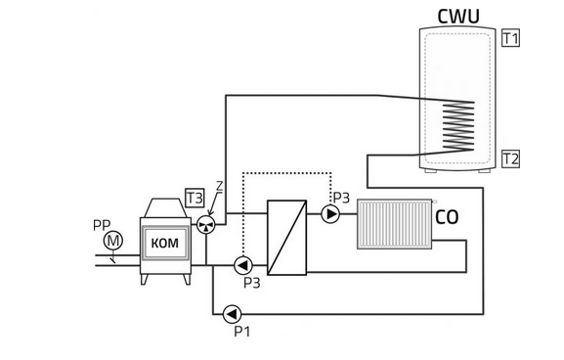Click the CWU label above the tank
pos(458,17)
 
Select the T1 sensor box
pos(511,38)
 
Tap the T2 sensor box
pos(511,158)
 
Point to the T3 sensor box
pos(195,198)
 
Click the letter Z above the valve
pos(219,186)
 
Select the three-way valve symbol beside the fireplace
pos(206,225)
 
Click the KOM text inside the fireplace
pos(165,244)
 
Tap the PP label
pos(102,226)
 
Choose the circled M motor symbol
pos(113,241)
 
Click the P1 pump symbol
pos(232,314)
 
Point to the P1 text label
pos(242,332)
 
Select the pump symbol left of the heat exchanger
pos(243,266)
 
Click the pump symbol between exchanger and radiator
pos(330,214)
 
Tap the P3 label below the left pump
pos(252,283)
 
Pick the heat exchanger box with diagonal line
pos(287,238)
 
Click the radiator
pos(395,224)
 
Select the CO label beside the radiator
pos(447,217)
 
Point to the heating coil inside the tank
pos(458,126)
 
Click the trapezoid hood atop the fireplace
pos(165,208)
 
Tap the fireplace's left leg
pos(144,280)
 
